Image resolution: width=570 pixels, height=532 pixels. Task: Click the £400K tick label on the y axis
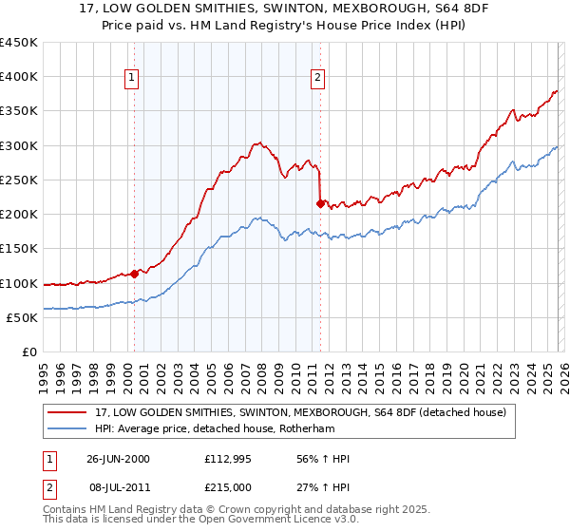pyautogui.click(x=19, y=77)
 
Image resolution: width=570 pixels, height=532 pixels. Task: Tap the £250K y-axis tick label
pyautogui.click(x=19, y=180)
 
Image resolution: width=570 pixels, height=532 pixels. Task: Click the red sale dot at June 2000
pyautogui.click(x=135, y=274)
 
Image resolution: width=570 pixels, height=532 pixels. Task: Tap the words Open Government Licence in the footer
pyautogui.click(x=262, y=521)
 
